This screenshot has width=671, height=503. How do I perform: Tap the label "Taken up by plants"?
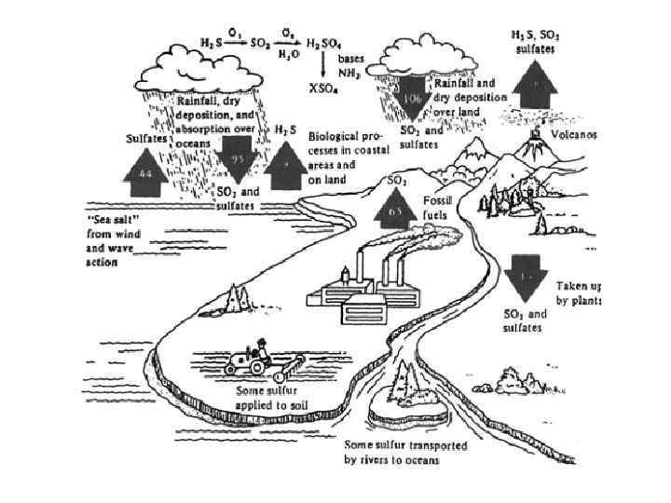(x=578, y=292)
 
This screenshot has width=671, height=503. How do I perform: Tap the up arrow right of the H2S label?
(x=284, y=163)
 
